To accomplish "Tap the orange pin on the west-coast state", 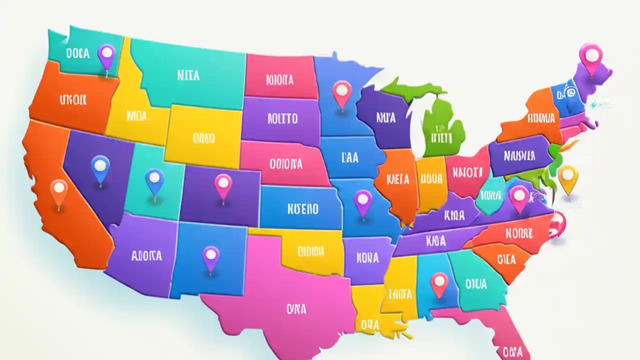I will (59, 189).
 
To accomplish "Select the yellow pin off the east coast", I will (567, 175).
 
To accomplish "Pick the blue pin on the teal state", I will (154, 178).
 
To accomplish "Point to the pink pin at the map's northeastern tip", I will (590, 55).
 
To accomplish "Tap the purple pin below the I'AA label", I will (363, 199).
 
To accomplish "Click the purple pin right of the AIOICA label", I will (210, 255).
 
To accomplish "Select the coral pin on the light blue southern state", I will (439, 282).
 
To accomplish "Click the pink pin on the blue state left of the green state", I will (342, 91).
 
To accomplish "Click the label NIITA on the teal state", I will (188, 75).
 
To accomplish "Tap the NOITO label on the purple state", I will (282, 118).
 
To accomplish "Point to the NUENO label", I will (303, 208).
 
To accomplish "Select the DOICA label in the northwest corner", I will (77, 53).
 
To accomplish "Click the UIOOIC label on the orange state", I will (73, 99).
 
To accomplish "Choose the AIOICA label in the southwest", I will (146, 256).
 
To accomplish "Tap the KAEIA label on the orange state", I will (398, 179).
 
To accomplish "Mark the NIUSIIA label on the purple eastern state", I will (519, 156).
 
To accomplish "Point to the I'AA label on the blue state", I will (350, 158).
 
